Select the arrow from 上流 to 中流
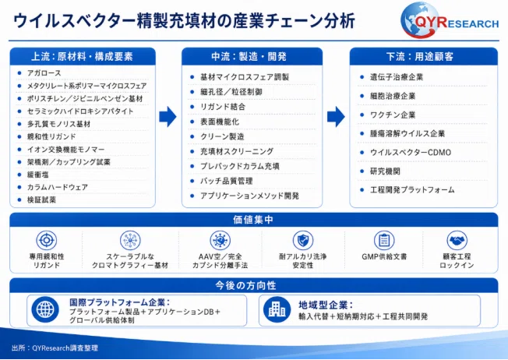click(x=168, y=117)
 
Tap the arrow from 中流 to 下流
click(x=336, y=117)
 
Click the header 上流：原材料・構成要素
click(x=82, y=57)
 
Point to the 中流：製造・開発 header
click(x=249, y=57)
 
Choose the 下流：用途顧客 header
click(x=420, y=57)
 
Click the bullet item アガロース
click(x=44, y=73)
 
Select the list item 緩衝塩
click(x=38, y=175)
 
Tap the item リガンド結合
click(x=223, y=107)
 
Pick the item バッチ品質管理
click(x=227, y=181)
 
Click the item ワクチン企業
click(x=393, y=115)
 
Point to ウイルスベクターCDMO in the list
click(x=411, y=152)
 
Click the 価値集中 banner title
click(x=253, y=220)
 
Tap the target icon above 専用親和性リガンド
click(x=46, y=241)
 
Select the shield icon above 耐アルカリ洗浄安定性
click(x=303, y=241)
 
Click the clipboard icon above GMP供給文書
click(x=384, y=241)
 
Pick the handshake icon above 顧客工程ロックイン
click(x=457, y=241)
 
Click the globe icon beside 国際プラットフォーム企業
click(x=45, y=310)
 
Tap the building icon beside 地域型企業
click(x=277, y=310)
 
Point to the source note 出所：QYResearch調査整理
click(x=55, y=348)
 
